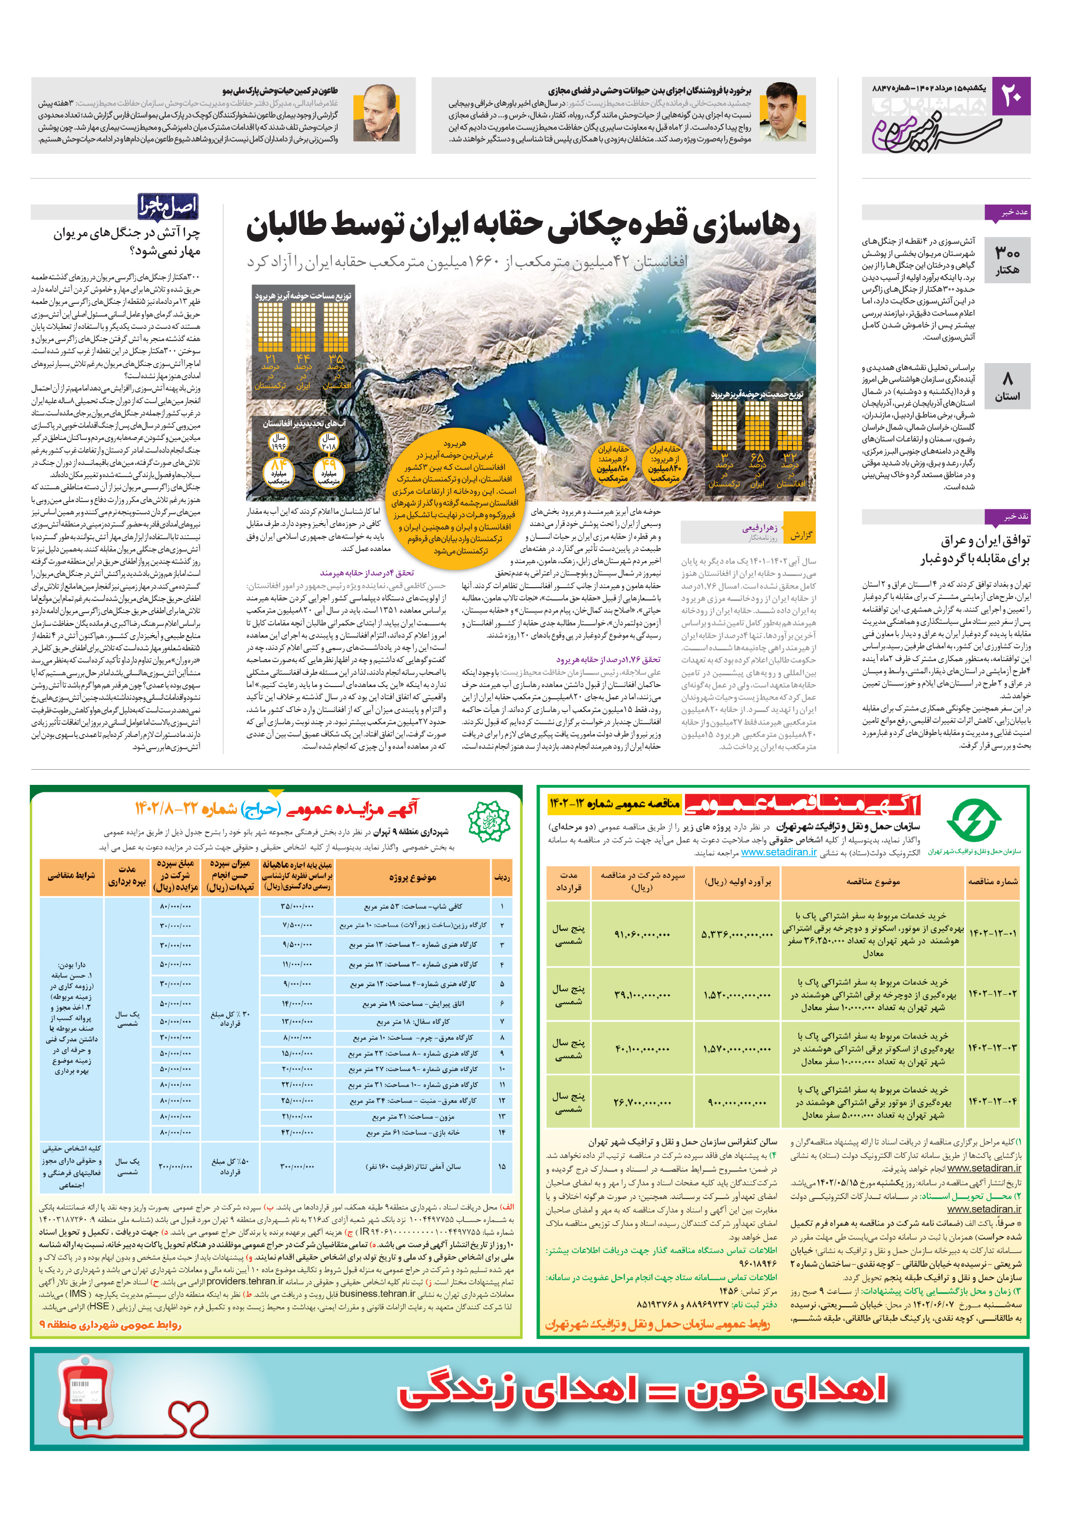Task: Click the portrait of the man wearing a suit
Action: click(376, 113)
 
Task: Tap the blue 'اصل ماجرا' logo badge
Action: click(167, 207)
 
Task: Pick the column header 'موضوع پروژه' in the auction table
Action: click(412, 877)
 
